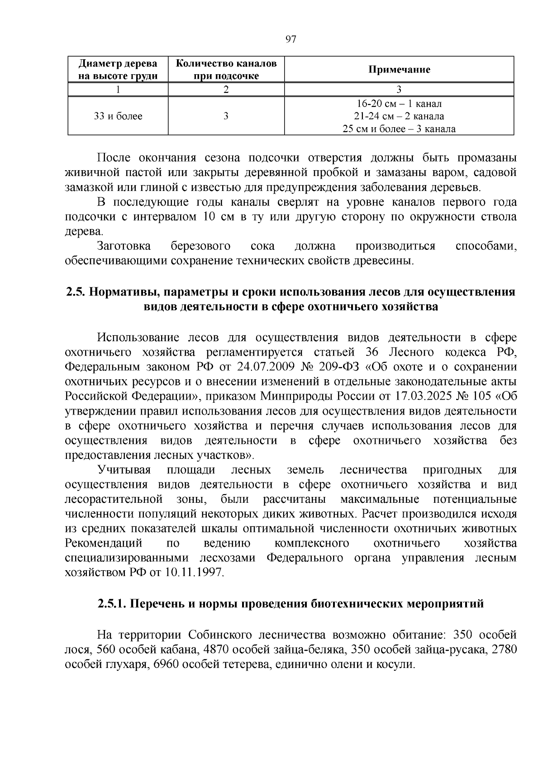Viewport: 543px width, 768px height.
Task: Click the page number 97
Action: click(291, 39)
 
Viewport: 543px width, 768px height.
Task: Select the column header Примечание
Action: click(399, 70)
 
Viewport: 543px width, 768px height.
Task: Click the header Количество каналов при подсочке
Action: click(226, 70)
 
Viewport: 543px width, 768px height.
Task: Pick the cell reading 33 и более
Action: click(118, 116)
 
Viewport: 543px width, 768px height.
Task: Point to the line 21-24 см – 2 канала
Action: click(399, 116)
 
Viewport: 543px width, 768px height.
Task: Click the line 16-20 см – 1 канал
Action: click(399, 104)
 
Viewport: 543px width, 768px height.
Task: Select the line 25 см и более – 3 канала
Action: click(399, 129)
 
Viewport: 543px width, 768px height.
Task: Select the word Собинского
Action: click(221, 635)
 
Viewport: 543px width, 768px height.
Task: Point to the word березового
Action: click(200, 246)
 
